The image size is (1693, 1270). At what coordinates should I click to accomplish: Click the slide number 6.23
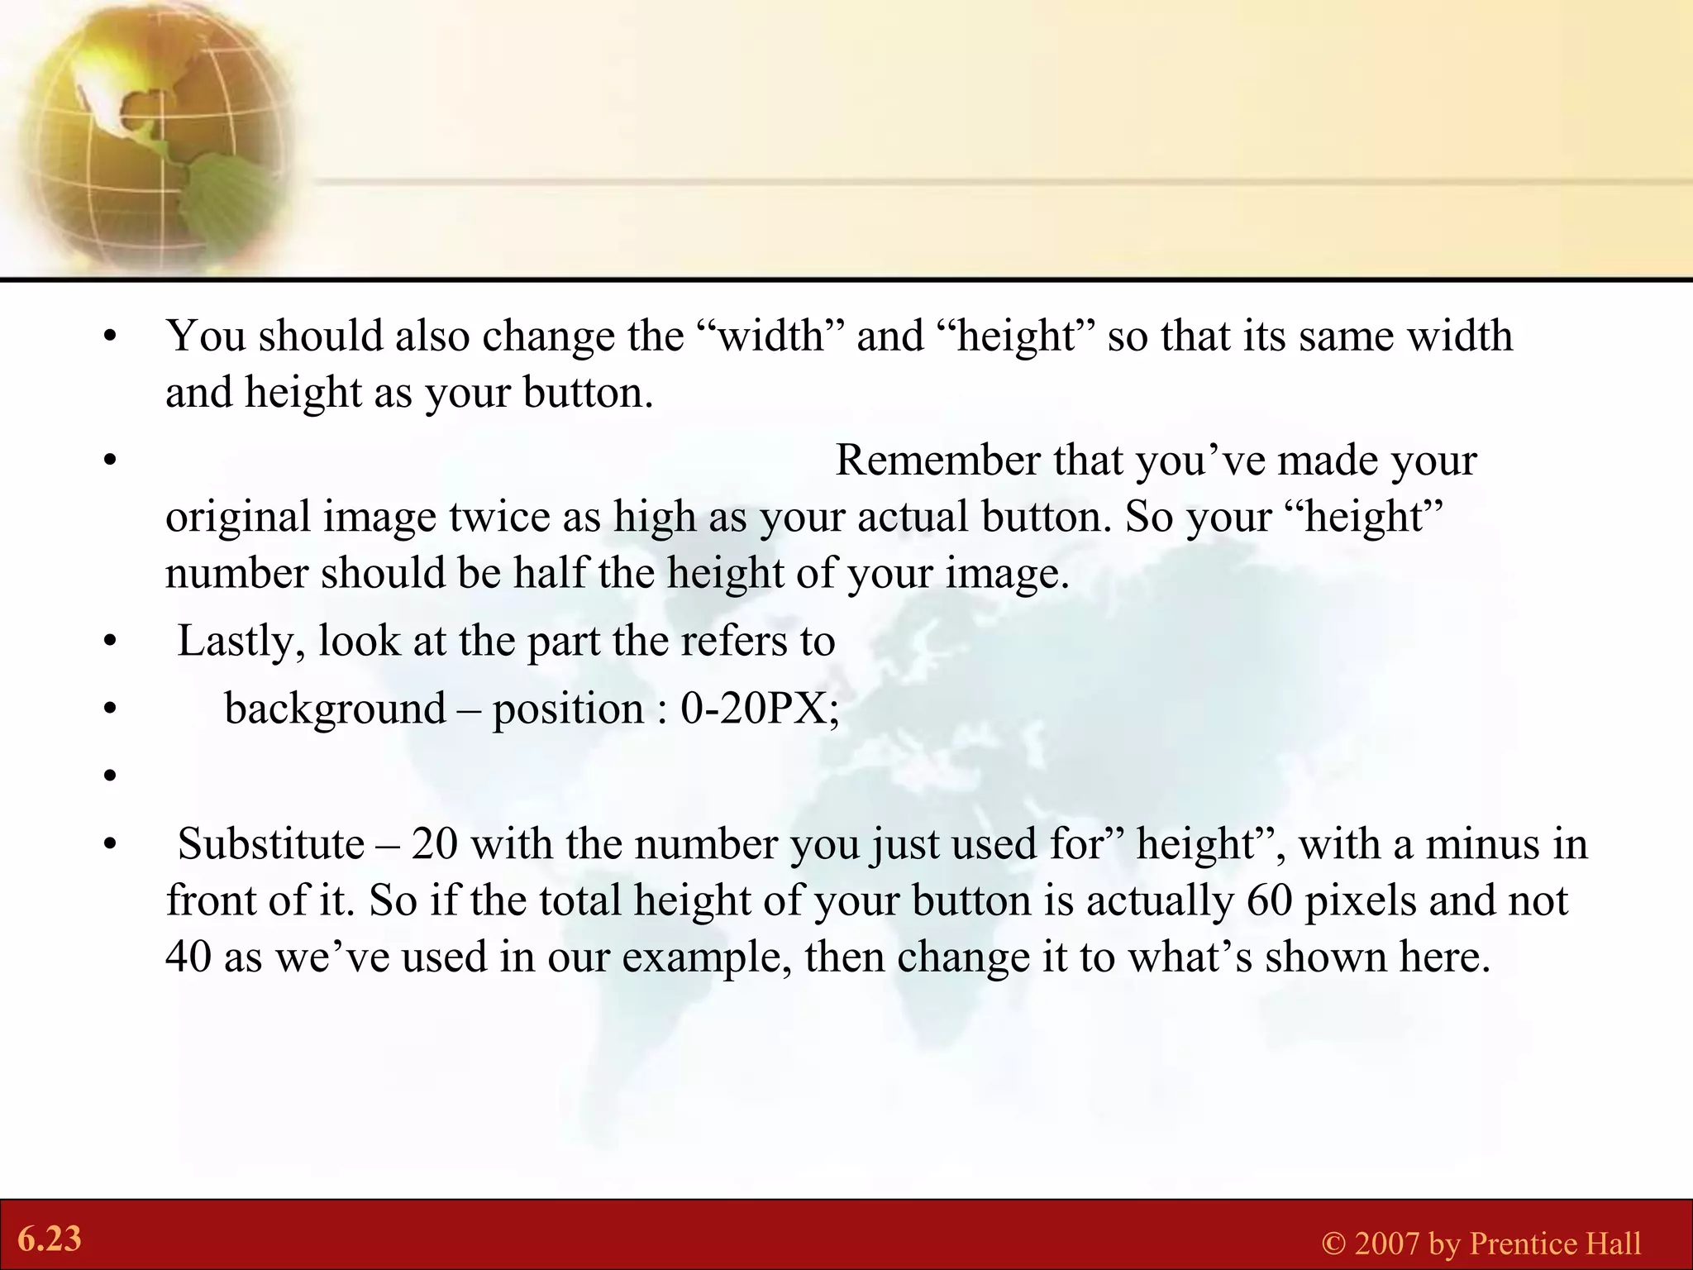point(50,1239)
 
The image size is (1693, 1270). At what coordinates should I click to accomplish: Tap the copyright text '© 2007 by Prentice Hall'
point(1481,1244)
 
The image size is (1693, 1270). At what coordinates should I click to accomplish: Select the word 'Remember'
point(937,461)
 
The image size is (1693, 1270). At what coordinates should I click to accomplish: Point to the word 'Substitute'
point(271,844)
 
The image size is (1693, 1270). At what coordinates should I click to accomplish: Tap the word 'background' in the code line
point(335,709)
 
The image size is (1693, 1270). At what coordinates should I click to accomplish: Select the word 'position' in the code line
point(568,709)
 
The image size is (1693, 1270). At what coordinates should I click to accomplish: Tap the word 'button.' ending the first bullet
point(588,393)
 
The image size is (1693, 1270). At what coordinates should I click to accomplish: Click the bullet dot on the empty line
point(108,776)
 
